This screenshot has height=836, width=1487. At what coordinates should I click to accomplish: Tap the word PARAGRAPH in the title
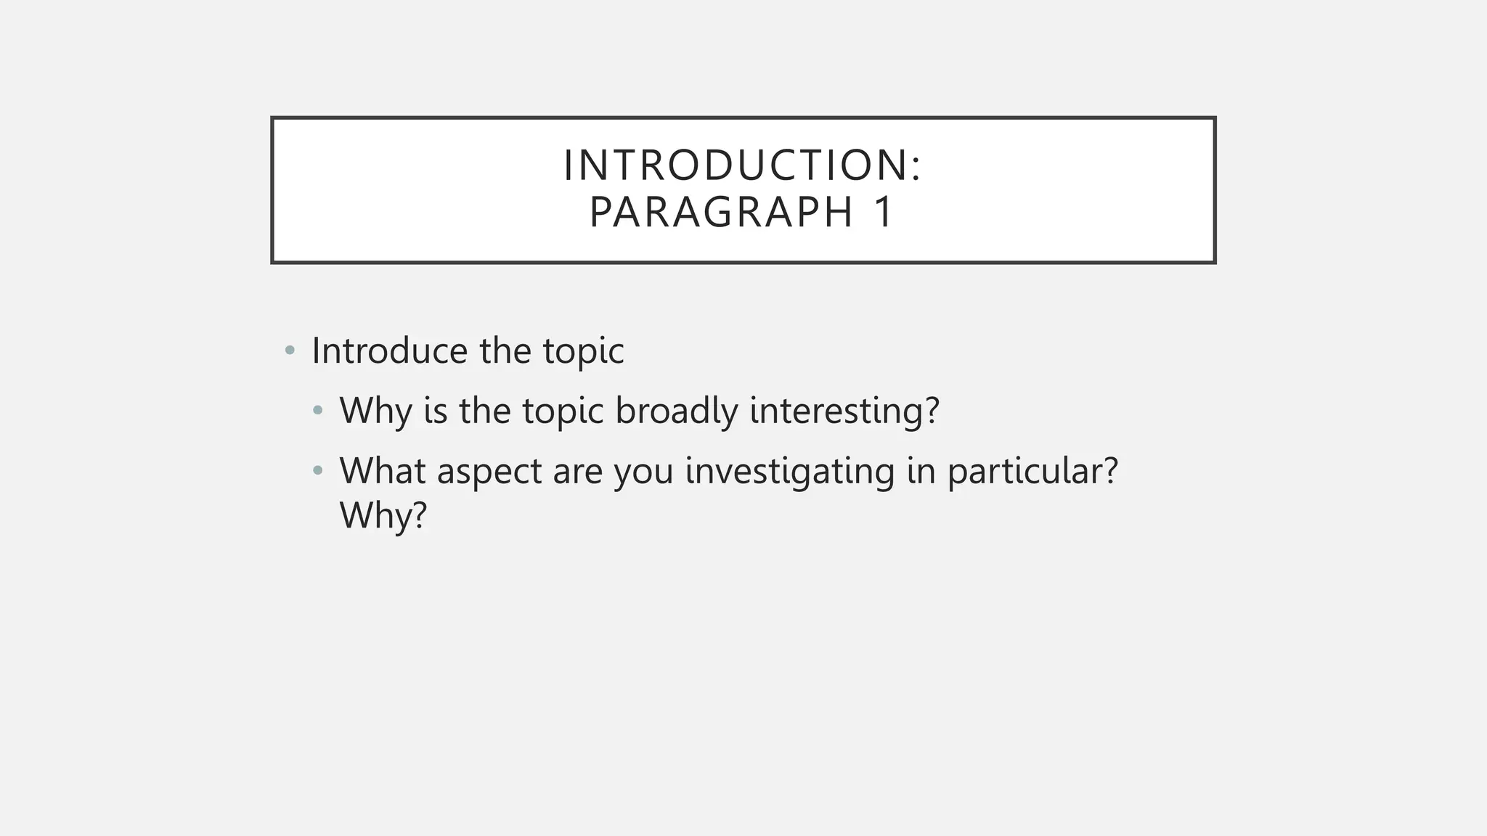722,212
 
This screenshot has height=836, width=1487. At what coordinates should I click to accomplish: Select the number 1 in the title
884,212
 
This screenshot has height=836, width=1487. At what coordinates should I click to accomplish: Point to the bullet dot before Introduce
290,351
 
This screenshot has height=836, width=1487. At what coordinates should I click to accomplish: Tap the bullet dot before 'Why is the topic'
317,411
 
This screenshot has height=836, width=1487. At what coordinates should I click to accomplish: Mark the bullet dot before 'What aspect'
317,472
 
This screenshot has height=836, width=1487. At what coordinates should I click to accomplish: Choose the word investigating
790,472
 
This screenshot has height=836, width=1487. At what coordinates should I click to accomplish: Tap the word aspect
489,472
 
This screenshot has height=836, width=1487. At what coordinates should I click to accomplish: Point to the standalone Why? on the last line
383,516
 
